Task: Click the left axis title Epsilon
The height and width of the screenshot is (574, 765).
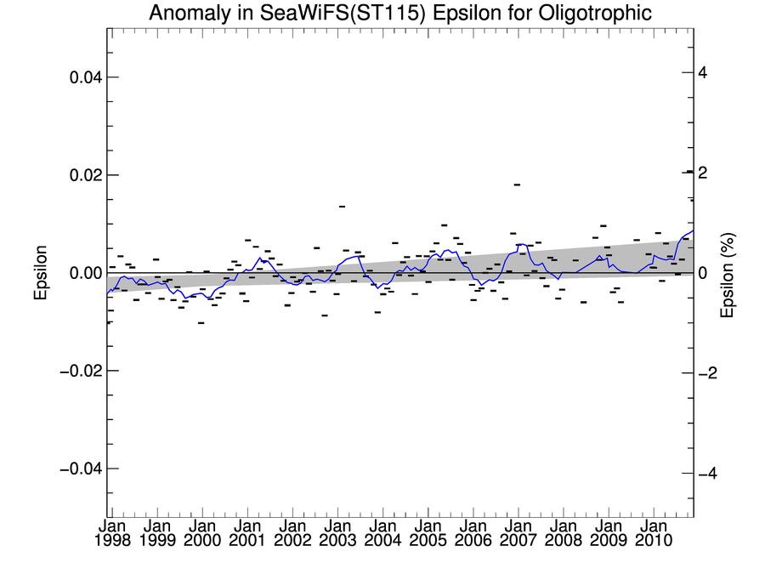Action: pyautogui.click(x=40, y=273)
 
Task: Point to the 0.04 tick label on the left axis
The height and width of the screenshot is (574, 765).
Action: pyautogui.click(x=84, y=77)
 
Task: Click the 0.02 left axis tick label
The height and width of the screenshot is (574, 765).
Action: pyautogui.click(x=84, y=175)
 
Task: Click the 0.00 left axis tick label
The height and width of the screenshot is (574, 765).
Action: pyautogui.click(x=84, y=273)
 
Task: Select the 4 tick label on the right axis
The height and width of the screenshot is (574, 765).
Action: pyautogui.click(x=702, y=72)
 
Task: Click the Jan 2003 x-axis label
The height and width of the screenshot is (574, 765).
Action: pyautogui.click(x=337, y=534)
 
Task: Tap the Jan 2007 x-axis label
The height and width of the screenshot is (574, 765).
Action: pyautogui.click(x=518, y=534)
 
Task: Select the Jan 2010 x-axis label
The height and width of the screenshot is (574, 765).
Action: pyautogui.click(x=653, y=534)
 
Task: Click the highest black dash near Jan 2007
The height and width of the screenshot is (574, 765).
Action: pyautogui.click(x=517, y=184)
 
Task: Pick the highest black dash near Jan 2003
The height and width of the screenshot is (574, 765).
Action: pyautogui.click(x=342, y=206)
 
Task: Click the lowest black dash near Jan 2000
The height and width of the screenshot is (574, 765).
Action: pyautogui.click(x=201, y=323)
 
